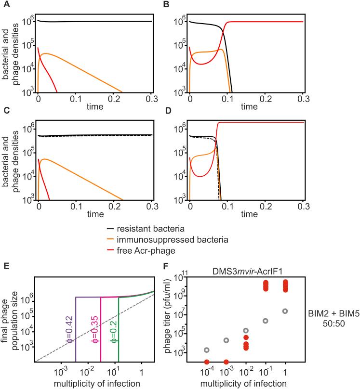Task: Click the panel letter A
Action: click(x=4, y=4)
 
